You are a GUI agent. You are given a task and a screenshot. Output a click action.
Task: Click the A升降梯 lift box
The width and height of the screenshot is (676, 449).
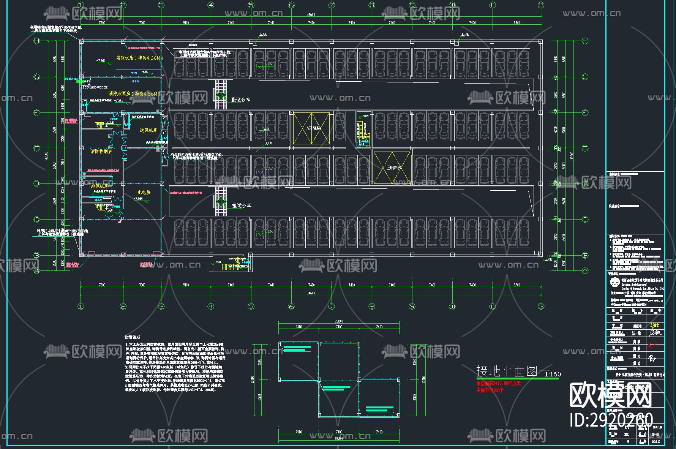coord(311,128)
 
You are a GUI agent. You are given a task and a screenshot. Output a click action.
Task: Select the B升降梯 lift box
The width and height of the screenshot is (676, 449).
coord(392,168)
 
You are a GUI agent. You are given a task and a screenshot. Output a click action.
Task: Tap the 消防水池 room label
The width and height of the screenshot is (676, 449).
coord(139,58)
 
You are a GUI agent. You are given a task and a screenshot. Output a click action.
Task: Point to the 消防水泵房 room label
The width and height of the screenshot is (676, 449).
coord(133,93)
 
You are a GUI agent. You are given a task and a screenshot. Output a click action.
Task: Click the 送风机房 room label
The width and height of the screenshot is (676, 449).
coord(148,130)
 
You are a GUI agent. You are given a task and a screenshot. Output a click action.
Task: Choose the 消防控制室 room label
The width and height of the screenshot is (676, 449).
coord(101,151)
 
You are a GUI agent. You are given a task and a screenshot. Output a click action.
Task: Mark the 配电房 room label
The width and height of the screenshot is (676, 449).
coord(144,192)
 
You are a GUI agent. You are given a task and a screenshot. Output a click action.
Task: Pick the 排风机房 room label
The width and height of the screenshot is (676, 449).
coord(100,186)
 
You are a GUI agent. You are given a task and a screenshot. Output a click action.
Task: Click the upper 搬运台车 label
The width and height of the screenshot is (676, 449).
coord(241,100)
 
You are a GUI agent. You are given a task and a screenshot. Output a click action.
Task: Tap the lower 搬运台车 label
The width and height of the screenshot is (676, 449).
coord(242,206)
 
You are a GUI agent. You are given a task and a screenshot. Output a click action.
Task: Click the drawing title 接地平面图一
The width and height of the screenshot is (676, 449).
coord(513,371)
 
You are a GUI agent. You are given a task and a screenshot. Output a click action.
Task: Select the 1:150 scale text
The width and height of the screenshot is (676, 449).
coord(553,374)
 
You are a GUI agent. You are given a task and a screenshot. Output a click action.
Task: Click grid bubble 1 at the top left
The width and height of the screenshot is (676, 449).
coord(81,5)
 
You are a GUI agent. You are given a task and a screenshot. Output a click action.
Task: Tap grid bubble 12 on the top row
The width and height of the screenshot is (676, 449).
coord(541,5)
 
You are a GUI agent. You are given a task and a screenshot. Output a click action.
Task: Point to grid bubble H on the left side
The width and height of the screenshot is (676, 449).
coord(37,41)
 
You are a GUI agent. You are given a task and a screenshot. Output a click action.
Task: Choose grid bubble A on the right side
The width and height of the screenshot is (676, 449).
coord(585,270)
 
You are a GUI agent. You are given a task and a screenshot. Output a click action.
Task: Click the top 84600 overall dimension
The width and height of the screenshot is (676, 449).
coord(311,15)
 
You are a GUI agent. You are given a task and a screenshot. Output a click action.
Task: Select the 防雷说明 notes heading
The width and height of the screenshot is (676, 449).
coord(133,337)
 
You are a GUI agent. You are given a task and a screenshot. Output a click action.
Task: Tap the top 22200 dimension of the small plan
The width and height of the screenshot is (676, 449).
coord(339,321)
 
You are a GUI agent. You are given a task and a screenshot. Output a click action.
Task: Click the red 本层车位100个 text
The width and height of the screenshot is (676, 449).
coord(490,390)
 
